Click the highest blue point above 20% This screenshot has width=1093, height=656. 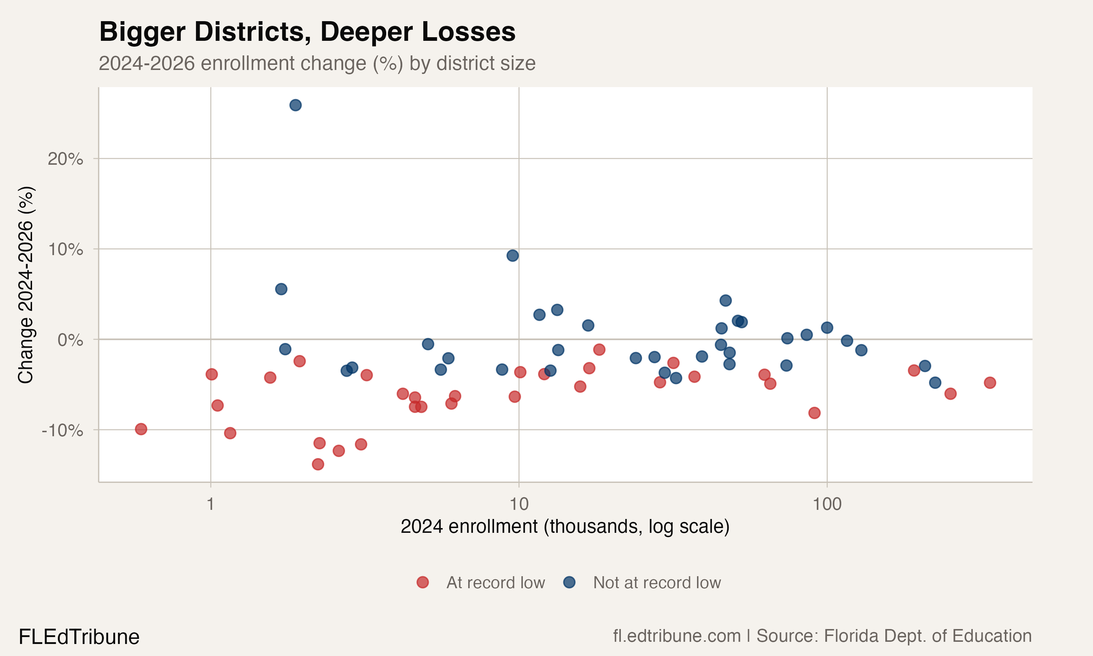[295, 105]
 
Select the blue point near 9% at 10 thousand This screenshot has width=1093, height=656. [513, 255]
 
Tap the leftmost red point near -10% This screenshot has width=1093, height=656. [141, 429]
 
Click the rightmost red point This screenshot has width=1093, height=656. [990, 383]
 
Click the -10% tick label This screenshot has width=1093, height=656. [62, 430]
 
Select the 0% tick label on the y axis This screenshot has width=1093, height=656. [70, 340]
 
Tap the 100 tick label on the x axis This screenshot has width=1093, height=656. [827, 504]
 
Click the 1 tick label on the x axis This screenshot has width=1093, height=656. [211, 504]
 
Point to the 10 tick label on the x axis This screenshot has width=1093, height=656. [519, 504]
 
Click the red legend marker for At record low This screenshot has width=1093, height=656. [423, 582]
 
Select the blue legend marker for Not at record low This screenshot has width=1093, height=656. [569, 582]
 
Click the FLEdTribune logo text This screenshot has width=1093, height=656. [79, 637]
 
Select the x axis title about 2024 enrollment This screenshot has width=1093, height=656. [565, 527]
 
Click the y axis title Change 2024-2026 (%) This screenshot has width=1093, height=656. [26, 285]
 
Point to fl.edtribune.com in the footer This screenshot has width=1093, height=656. [677, 636]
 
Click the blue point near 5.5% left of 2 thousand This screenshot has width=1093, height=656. [281, 289]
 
